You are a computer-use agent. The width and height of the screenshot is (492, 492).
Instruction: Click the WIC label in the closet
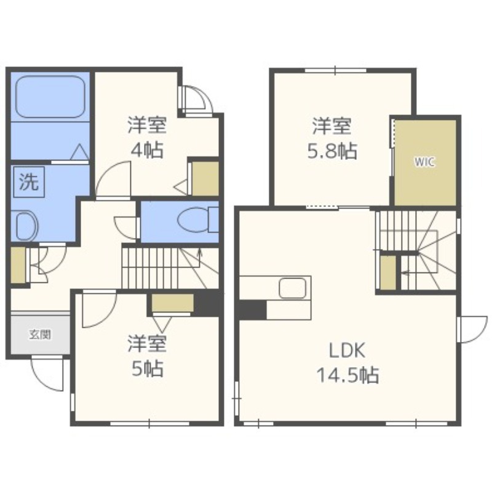click(x=424, y=162)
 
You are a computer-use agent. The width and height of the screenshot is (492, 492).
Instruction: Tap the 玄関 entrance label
click(x=40, y=335)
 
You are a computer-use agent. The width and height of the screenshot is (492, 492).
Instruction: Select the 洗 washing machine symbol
click(x=29, y=181)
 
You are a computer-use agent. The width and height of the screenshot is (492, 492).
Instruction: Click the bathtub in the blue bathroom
click(x=50, y=97)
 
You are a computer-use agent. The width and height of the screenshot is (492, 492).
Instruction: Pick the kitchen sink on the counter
click(x=293, y=288)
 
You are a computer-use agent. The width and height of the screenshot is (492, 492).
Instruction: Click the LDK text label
click(x=347, y=351)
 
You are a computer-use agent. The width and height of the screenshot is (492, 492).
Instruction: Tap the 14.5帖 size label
click(x=347, y=375)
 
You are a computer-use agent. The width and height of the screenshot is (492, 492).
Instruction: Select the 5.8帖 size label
click(x=331, y=151)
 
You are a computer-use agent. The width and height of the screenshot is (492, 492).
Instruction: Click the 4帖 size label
click(x=147, y=150)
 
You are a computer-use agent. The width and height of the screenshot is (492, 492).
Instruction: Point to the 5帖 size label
click(x=147, y=368)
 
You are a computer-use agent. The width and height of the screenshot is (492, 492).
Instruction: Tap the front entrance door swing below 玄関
click(x=47, y=375)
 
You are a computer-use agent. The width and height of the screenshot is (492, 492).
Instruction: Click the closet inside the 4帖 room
click(x=205, y=178)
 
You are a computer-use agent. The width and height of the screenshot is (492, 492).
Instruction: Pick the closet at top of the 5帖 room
click(x=173, y=303)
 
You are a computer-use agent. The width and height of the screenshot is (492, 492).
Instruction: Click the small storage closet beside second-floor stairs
click(x=388, y=272)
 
